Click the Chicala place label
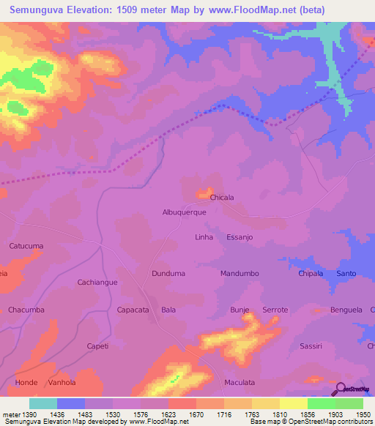coord(222,198)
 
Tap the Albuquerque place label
coord(184,212)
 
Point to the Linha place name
coord(204,237)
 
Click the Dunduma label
coord(168,273)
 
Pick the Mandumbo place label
coord(240,273)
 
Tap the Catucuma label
coord(26,246)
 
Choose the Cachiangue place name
coord(97,282)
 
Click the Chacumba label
coord(26,310)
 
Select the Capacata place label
coord(133,310)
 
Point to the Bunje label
coord(240,310)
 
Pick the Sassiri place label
coord(311,345)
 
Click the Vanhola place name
coord(62,382)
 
